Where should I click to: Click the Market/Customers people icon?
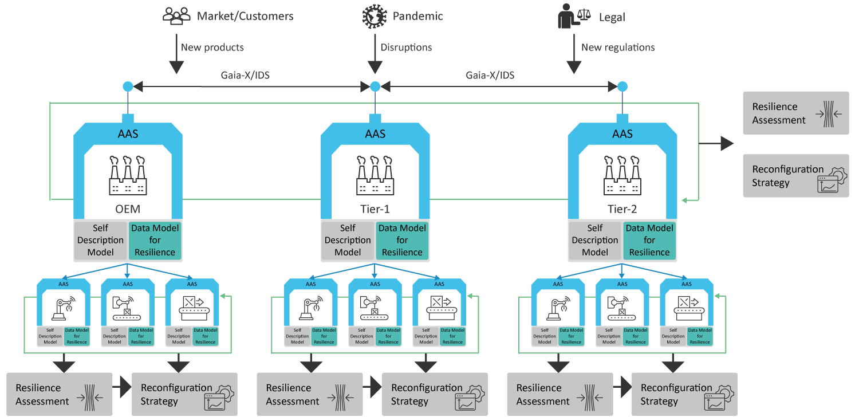tap(176, 16)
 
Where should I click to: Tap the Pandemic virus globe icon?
tap(375, 16)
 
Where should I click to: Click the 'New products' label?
tap(212, 48)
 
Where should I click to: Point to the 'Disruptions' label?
tap(406, 48)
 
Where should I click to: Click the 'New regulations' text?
tap(618, 48)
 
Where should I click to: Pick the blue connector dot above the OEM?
tap(128, 86)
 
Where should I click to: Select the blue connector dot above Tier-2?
tap(622, 86)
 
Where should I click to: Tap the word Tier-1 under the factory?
tap(375, 210)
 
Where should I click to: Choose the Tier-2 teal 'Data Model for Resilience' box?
tap(649, 240)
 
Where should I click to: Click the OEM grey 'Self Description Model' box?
tap(101, 240)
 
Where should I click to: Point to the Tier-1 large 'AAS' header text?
tap(375, 134)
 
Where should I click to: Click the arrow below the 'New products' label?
tap(176, 63)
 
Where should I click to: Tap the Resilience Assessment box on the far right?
tap(796, 113)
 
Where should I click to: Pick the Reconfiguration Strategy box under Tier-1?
tap(435, 394)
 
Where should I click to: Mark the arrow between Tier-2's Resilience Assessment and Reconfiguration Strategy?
tap(621, 388)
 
